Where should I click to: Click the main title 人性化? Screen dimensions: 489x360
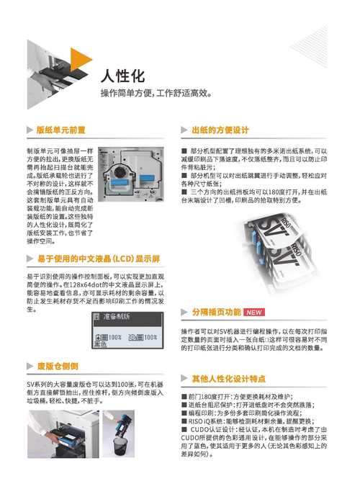tap(123, 76)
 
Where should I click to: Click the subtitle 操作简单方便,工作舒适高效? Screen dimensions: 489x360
tap(156, 93)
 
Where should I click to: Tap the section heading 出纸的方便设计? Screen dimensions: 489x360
tap(220, 130)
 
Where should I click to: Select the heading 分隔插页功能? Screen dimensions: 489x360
tap(216, 313)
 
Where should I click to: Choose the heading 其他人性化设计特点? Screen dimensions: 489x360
tap(229, 378)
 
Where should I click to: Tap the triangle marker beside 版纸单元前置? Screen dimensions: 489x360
tap(30, 130)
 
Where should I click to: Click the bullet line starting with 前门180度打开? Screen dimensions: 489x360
tap(238, 397)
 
